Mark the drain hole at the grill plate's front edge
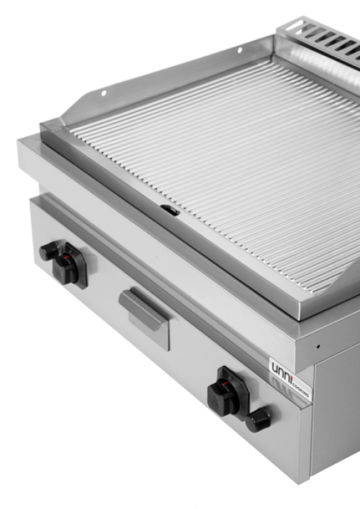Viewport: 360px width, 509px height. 169,210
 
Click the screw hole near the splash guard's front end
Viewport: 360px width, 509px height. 104,93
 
